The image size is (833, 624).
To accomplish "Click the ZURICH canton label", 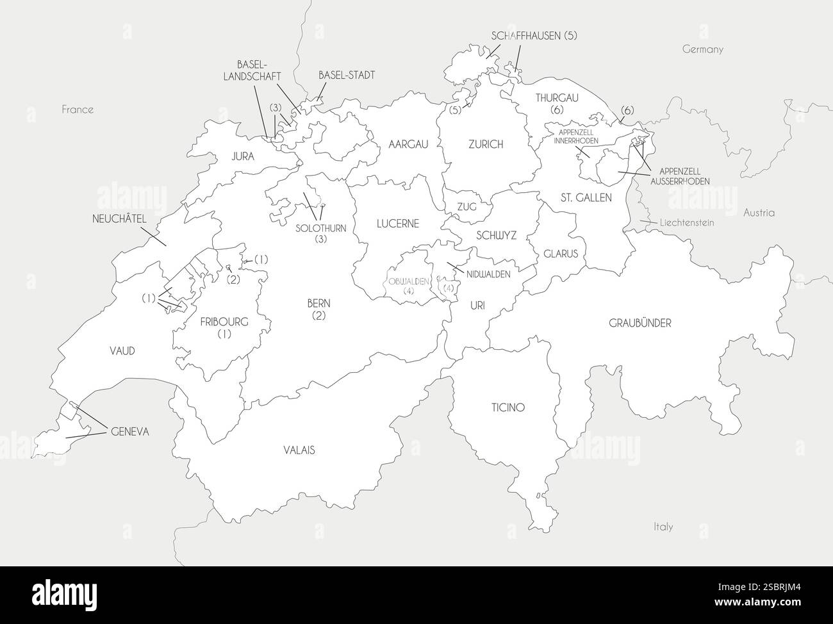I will pos(486,145).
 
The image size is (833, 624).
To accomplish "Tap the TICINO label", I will pos(508,407).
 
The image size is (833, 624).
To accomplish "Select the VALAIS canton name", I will pos(299,450).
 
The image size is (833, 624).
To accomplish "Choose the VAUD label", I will pos(121,350).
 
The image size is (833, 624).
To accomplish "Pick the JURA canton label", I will pos(243,156).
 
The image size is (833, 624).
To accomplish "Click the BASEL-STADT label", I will pos(346,75).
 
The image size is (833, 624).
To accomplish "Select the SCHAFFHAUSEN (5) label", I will pos(534,36).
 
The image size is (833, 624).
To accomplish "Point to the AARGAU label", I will pos(408,145).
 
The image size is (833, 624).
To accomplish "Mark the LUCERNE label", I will pos(397,224).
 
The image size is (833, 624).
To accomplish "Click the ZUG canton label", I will pos(466,206).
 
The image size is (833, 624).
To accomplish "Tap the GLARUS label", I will pos(561,254).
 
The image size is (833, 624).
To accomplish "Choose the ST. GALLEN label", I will pos(586,197).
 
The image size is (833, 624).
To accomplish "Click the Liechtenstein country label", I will pos(686,222).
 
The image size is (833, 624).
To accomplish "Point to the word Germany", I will pos(702,49).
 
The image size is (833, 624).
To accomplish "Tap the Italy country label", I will pos(663,527).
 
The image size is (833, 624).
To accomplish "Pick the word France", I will pos(78,110).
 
